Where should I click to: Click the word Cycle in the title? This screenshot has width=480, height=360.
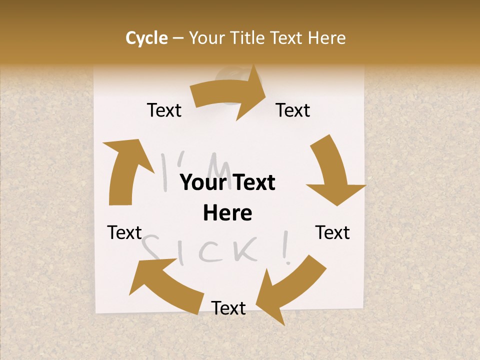click(x=146, y=38)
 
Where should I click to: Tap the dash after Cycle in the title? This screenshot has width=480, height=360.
click(x=178, y=38)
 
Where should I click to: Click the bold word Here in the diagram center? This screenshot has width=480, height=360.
click(x=227, y=213)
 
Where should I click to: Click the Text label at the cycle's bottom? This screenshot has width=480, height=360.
click(x=228, y=308)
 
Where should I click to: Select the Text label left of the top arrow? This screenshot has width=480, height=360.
click(x=164, y=110)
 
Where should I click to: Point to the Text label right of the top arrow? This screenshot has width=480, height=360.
click(x=293, y=110)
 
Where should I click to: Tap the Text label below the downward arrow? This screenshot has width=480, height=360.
click(x=332, y=232)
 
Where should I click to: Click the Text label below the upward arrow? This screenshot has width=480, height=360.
click(x=124, y=232)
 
